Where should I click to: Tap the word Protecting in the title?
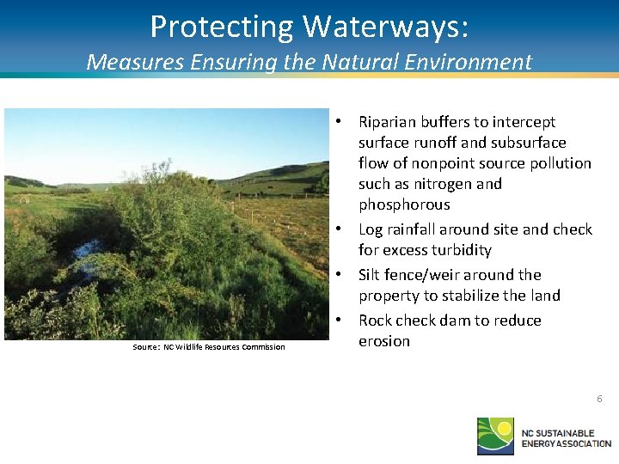[220, 27]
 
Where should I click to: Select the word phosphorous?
[404, 205]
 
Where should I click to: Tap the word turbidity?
[461, 250]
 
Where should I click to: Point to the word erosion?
[384, 341]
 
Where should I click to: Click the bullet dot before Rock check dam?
[340, 321]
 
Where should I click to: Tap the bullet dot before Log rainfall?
[340, 229]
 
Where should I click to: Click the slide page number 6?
[599, 400]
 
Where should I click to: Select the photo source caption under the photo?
[209, 347]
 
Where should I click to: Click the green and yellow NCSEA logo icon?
[496, 436]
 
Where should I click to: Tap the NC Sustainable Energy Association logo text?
[566, 437]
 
